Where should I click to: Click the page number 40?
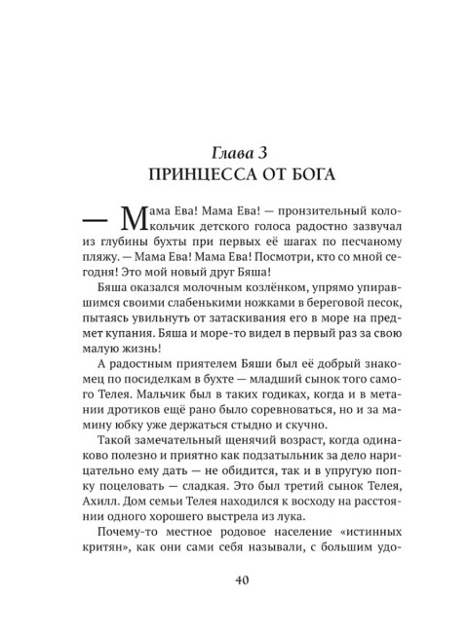pos(234,581)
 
